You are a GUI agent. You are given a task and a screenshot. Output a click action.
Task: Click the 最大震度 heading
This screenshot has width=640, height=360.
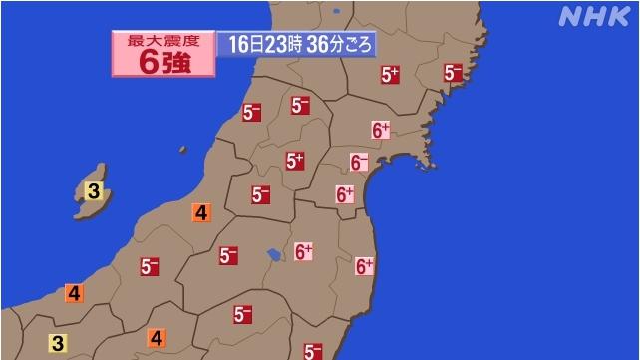coord(161,40)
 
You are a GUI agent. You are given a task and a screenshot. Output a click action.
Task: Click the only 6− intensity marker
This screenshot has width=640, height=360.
coord(360,162)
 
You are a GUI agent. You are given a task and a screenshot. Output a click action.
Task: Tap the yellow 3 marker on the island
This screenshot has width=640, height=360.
coord(93,190)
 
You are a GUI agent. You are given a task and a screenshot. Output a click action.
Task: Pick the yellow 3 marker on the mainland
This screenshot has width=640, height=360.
coord(58,343)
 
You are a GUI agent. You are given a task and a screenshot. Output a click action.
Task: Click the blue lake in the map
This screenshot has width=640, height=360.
coord(273,256)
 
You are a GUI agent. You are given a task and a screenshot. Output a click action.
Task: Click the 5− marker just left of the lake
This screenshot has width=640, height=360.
coord(228,255)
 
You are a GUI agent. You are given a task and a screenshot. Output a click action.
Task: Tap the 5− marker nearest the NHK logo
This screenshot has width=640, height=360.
coord(454,72)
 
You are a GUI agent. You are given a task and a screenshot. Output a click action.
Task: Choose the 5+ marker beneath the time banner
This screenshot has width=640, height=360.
coord(390,74)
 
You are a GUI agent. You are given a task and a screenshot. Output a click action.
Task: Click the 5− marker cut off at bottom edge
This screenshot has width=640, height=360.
coord(313,351)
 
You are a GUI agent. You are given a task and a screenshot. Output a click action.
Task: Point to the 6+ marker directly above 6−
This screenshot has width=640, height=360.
coord(381,130)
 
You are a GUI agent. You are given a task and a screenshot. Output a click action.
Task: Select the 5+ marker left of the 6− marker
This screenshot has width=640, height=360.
coord(294,160)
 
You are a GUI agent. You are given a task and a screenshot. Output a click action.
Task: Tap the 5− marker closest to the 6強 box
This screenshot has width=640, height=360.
coord(251,112)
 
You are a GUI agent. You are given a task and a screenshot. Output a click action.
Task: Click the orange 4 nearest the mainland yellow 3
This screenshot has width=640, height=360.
coord(74,293)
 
